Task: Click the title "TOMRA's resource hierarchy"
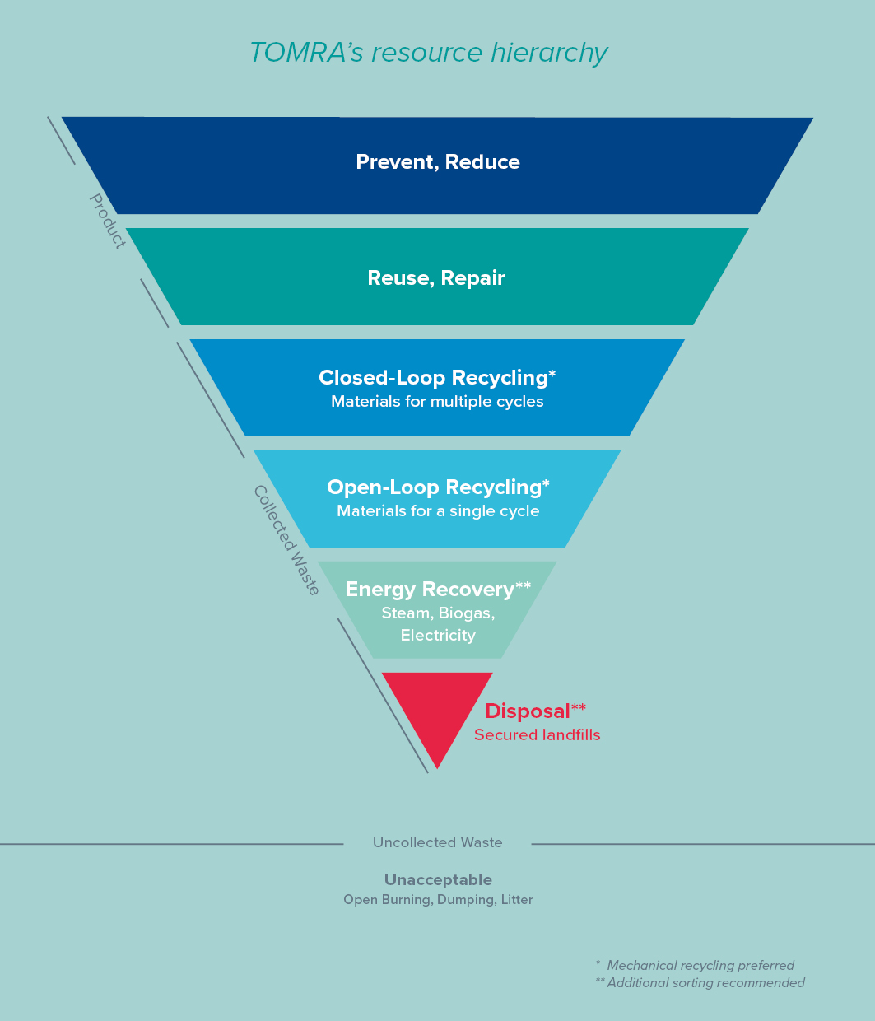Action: (x=428, y=53)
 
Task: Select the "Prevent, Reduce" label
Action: (x=437, y=162)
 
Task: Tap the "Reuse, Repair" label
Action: (x=436, y=278)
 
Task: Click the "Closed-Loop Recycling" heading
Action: (x=435, y=378)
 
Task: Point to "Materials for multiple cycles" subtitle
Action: (x=437, y=402)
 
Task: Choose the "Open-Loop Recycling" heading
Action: (x=435, y=487)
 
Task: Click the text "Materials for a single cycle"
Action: (x=438, y=511)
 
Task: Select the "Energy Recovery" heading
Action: (x=430, y=590)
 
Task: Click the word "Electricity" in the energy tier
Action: (x=438, y=636)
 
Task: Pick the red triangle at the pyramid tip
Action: (x=437, y=708)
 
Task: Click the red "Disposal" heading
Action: (x=528, y=711)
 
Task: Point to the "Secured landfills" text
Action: (x=537, y=735)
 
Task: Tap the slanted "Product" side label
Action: (x=108, y=221)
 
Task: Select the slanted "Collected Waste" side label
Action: (x=286, y=539)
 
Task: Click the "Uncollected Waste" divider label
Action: (x=437, y=842)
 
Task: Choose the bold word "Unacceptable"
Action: (x=438, y=880)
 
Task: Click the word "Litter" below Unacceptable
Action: (x=517, y=900)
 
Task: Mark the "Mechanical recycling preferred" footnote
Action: (x=700, y=966)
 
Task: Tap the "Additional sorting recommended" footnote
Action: (x=705, y=983)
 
